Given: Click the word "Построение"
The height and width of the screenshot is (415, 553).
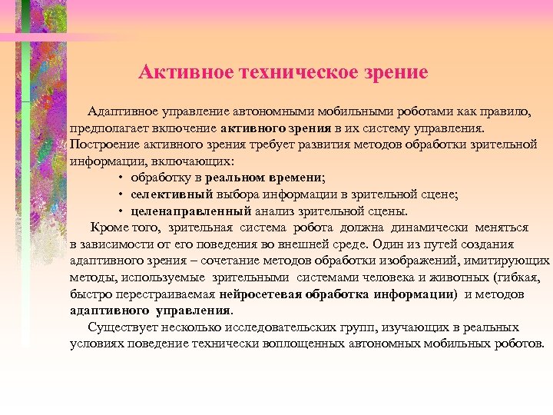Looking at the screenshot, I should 101,146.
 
